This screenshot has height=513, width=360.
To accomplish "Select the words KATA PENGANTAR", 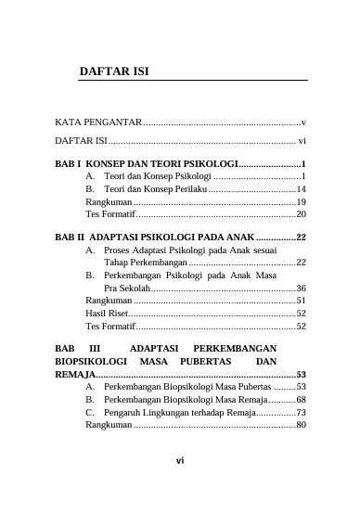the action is tap(97, 122).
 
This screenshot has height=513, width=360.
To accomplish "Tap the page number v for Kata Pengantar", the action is tap(303, 122).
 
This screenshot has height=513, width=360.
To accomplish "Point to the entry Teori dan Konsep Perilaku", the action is tap(156, 188).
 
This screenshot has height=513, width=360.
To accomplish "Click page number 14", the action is tap(301, 188).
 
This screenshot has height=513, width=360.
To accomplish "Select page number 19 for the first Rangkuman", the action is tap(301, 201).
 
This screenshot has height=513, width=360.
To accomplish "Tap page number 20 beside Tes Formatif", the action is tap(301, 214).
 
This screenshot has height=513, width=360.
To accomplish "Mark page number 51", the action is tap(301, 301).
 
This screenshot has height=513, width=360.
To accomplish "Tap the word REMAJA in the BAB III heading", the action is tap(70, 374).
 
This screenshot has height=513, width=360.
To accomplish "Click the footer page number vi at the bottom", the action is tap(181, 483).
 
